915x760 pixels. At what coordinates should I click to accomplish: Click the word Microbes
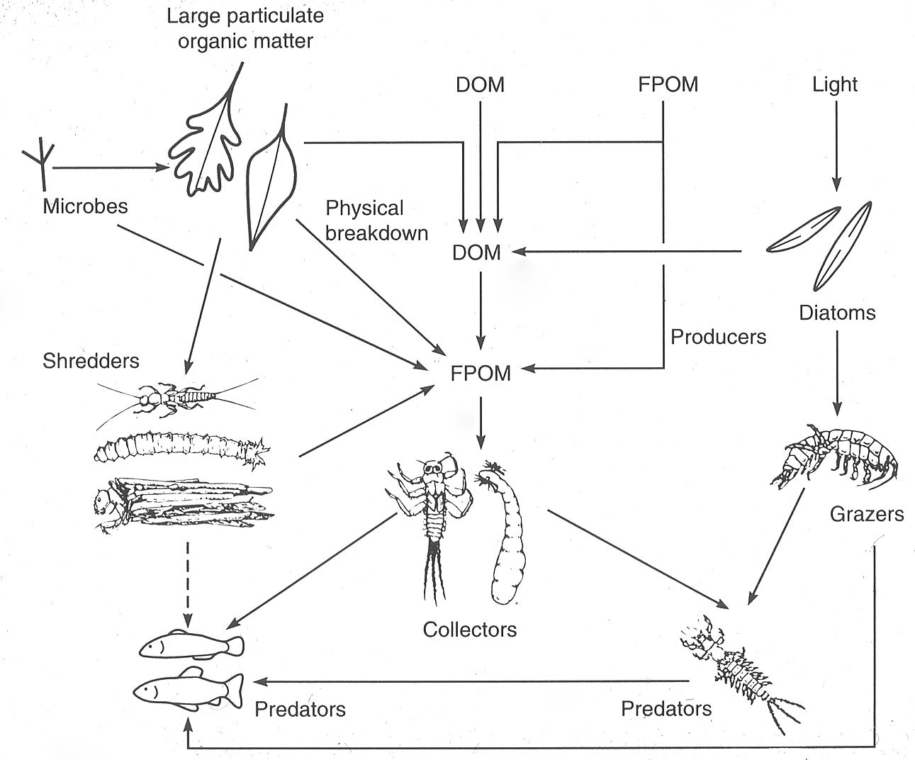(x=85, y=206)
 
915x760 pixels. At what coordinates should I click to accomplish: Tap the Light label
(x=835, y=84)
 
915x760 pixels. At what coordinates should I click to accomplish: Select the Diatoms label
(x=837, y=313)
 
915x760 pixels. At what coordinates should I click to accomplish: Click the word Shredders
(x=91, y=361)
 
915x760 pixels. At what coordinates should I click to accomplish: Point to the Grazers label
(x=866, y=514)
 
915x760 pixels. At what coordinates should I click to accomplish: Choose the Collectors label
(x=470, y=630)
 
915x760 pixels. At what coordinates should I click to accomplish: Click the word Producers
(x=718, y=337)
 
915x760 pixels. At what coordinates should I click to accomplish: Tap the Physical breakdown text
(x=376, y=220)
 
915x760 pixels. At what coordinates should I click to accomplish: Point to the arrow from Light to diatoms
(x=836, y=146)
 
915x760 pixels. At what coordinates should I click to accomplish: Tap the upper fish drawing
(x=191, y=644)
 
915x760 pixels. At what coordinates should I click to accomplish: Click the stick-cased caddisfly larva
(x=184, y=503)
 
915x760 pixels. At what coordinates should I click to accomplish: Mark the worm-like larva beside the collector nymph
(x=504, y=532)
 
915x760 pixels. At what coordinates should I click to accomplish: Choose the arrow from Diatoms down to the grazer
(x=837, y=373)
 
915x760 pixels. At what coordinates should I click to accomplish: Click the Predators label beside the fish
(x=301, y=709)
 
